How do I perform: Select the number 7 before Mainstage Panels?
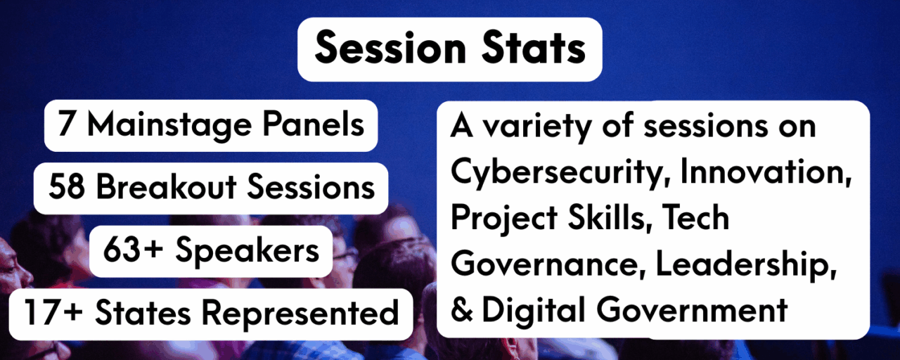click(x=67, y=126)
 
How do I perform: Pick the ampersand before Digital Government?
click(x=462, y=310)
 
